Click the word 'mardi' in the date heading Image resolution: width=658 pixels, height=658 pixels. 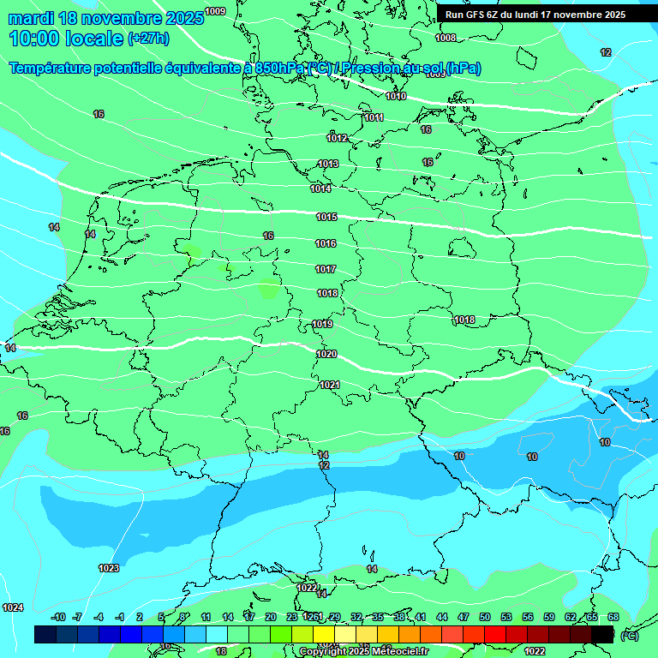pos(31,18)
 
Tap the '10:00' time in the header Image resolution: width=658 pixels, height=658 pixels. pos(35,39)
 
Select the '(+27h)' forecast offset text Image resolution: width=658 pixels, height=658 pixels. pos(148,39)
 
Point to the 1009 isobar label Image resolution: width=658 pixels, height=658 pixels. pos(216,11)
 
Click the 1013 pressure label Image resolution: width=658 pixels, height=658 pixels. pos(328,164)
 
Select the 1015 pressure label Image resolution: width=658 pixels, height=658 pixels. pos(326,218)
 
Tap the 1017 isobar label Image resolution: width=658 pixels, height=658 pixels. pos(326,270)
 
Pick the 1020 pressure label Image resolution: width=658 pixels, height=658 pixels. pos(326,354)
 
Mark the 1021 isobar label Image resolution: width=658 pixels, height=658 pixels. pos(330,385)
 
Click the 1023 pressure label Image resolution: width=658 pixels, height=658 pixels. pos(109,568)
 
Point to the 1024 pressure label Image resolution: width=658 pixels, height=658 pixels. pos(13,607)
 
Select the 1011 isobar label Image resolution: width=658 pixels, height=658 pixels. pos(374,117)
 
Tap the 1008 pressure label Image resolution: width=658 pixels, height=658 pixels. pos(446,38)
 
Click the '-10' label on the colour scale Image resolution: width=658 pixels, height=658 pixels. pos(58,617)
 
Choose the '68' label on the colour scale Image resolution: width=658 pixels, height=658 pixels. pos(613,617)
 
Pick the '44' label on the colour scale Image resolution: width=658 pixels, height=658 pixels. pos(441,617)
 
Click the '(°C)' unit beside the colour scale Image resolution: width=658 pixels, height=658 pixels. pos(630,635)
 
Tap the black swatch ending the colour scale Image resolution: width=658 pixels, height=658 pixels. pos(602,634)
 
